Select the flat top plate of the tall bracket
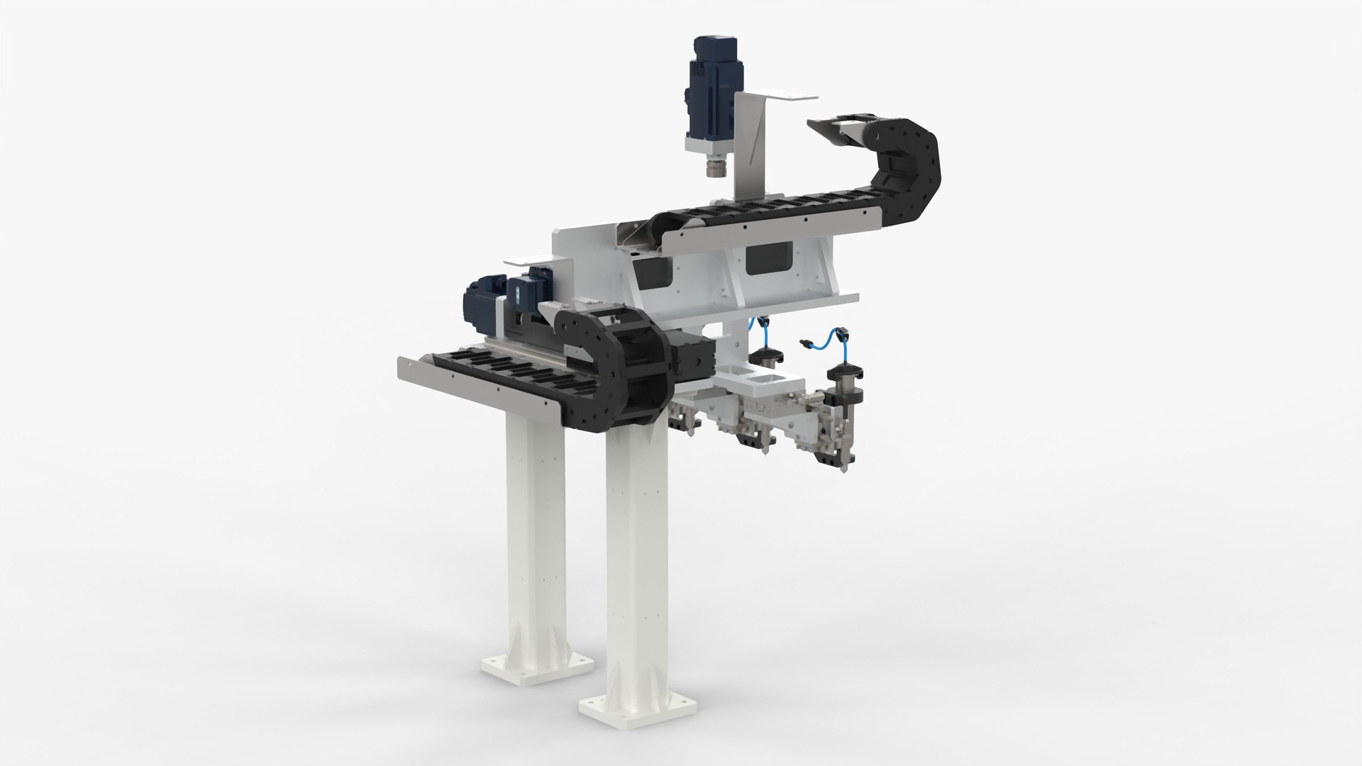[x=776, y=96]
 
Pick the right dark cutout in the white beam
[x=770, y=255]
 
